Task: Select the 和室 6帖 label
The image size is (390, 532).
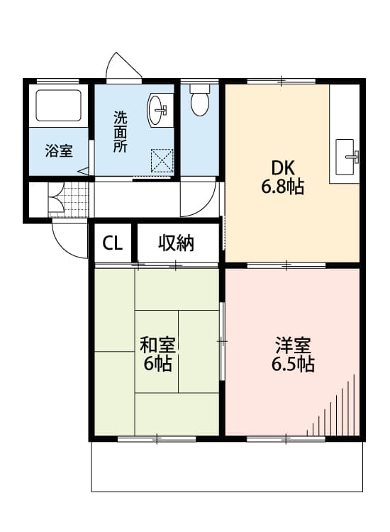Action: point(157,355)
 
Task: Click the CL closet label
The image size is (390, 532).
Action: point(113,243)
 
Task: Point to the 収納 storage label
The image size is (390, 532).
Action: point(176,243)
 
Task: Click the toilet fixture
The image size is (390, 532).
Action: point(201,101)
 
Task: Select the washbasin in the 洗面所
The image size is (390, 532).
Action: point(159,109)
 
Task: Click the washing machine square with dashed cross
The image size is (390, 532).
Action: point(162,160)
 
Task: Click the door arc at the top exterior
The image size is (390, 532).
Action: point(123,67)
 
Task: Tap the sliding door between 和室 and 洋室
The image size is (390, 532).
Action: point(222,341)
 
